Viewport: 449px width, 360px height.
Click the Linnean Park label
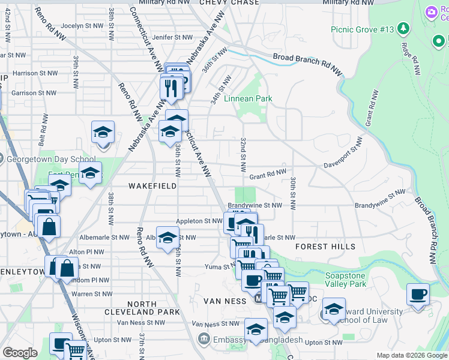point(248,98)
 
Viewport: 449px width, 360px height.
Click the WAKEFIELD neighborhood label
point(152,186)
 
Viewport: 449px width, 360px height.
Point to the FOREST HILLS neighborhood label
point(325,247)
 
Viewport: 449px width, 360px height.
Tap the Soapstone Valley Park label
point(345,280)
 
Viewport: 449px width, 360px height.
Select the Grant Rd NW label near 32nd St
point(268,174)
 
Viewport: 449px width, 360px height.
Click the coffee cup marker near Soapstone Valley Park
point(418,295)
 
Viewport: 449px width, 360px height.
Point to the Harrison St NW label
point(35,73)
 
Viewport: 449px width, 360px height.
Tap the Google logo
point(20,353)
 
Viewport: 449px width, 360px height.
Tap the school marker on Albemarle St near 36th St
point(167,236)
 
